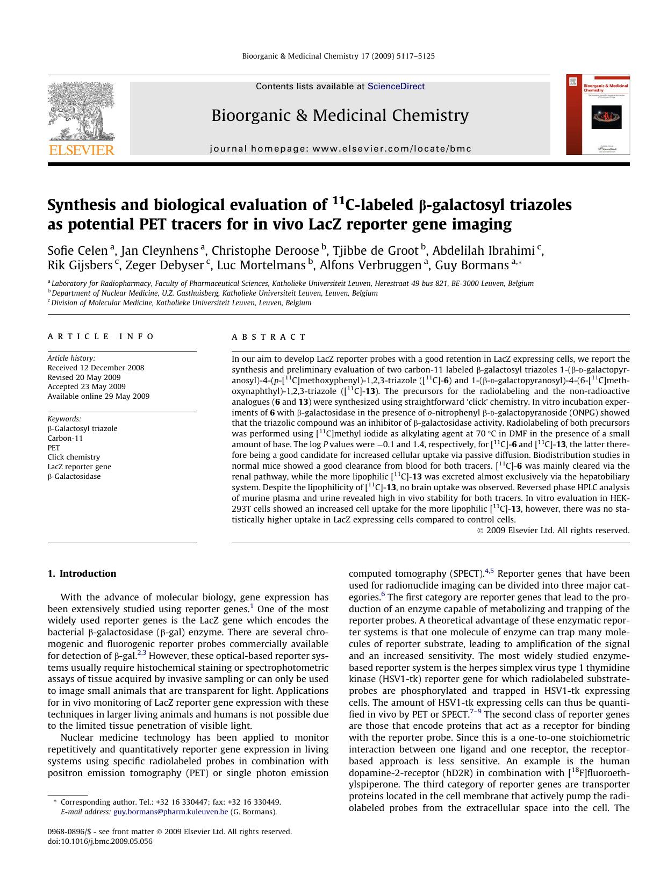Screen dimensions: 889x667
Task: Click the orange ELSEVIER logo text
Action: [x=82, y=150]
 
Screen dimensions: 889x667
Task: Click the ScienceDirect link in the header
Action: [x=396, y=87]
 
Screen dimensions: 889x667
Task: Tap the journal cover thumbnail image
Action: [x=597, y=114]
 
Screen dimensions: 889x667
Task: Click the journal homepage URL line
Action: [x=340, y=149]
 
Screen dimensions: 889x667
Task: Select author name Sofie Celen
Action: [x=77, y=250]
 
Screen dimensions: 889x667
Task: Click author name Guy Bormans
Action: [x=471, y=265]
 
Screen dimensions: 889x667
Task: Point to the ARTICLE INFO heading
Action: [x=101, y=336]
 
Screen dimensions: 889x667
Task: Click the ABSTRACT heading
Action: [x=269, y=337]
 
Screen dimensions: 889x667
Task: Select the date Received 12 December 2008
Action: [x=96, y=368]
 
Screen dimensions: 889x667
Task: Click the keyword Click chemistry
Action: [x=74, y=457]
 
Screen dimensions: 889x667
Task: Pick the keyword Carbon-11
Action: [x=65, y=438]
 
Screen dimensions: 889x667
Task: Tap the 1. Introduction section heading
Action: [x=82, y=573]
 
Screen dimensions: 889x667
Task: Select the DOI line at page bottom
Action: [x=100, y=841]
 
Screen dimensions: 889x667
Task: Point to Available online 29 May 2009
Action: [x=98, y=396]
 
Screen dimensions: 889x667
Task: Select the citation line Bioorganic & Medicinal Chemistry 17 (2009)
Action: [x=338, y=56]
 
